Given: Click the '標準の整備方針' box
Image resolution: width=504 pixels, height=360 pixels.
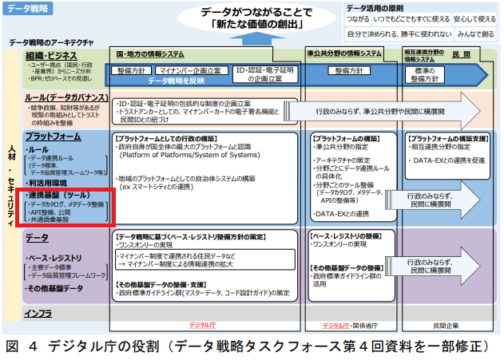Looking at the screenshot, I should pos(431,74).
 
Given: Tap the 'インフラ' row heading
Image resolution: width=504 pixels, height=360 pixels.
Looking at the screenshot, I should pos(39,313).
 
